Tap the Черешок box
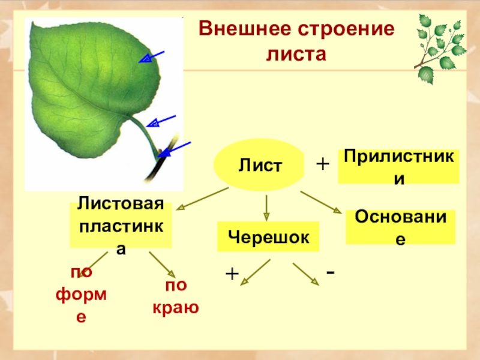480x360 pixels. (x=268, y=237)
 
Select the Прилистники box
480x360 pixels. (x=399, y=167)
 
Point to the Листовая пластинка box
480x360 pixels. (x=121, y=226)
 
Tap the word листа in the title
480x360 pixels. (x=295, y=54)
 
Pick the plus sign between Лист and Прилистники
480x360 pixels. (x=323, y=164)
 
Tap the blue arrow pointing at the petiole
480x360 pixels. (x=161, y=121)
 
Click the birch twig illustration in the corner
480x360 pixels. (x=441, y=45)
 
